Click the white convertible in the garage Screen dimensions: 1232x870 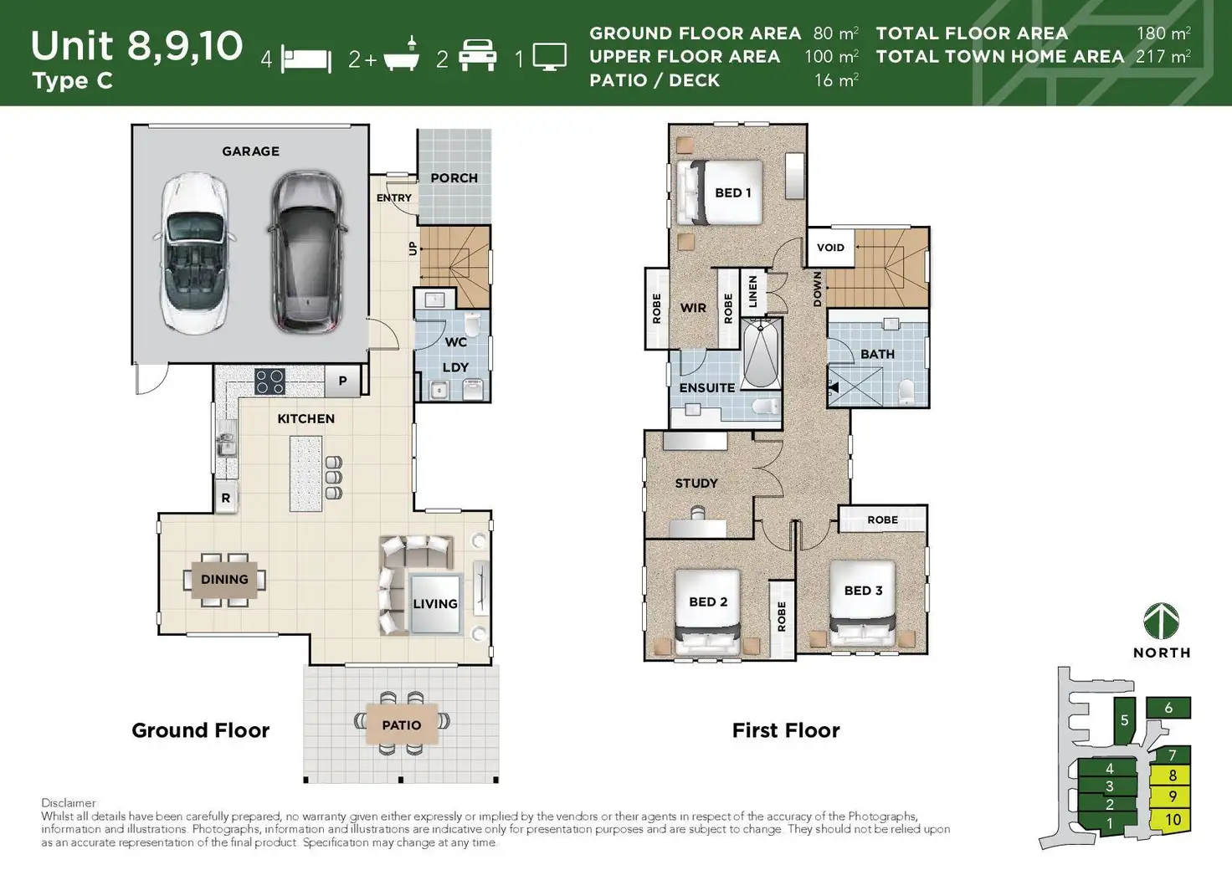coord(194,253)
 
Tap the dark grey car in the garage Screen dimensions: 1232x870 coord(306,250)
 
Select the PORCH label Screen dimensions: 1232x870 coord(454,178)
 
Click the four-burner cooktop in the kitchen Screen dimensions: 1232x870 coord(269,381)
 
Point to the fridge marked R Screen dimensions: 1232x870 coord(225,498)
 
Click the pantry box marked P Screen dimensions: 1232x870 coord(342,381)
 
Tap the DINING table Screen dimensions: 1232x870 coord(224,579)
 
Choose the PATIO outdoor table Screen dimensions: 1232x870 coord(402,724)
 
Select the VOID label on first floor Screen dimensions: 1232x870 coord(830,248)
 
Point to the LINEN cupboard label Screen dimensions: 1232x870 coord(752,291)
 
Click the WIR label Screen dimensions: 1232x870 coord(693,308)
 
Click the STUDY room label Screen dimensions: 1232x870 coord(696,484)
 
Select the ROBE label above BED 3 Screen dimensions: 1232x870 coord(882,519)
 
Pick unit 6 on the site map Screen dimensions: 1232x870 coord(1168,709)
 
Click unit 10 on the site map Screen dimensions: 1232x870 coord(1173,820)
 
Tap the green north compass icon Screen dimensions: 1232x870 coord(1162,622)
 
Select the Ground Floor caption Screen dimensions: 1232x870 coord(201,730)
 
